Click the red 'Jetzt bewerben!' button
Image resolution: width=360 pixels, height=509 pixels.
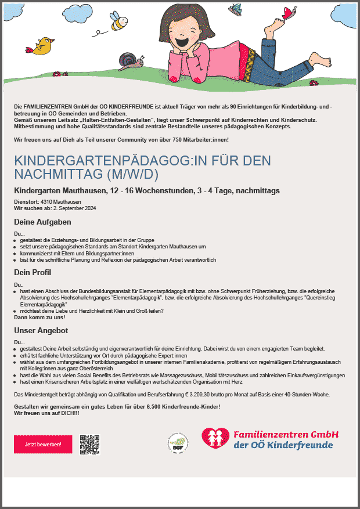tap(43, 444)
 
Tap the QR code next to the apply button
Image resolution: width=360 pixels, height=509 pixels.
tap(90, 444)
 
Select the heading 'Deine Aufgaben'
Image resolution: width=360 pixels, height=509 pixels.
tap(42, 222)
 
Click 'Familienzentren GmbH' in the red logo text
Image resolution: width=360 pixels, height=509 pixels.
tap(286, 434)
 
